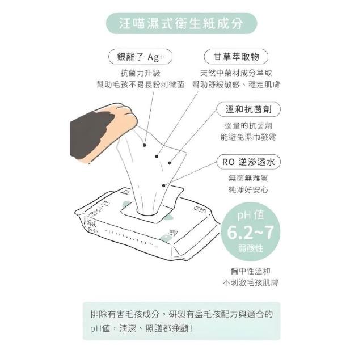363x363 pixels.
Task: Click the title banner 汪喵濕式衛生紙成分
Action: [181, 23]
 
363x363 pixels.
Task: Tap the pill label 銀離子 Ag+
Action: [140, 57]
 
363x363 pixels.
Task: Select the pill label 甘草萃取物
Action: [236, 57]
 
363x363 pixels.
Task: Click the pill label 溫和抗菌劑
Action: [248, 109]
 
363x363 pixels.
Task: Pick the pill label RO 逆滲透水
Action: [248, 162]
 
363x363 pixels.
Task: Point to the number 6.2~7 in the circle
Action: [251, 233]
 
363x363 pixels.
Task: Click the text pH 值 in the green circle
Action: [251, 215]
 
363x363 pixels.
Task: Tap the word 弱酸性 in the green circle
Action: [251, 248]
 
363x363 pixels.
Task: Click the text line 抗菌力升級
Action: [141, 73]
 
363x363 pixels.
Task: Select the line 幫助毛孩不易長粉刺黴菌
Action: [140, 85]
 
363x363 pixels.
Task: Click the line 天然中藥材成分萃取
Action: [236, 73]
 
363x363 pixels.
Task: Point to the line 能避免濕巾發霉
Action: [248, 137]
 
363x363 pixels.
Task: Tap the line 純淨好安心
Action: [248, 190]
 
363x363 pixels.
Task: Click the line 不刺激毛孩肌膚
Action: [251, 282]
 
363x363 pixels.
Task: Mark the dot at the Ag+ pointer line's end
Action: [145, 145]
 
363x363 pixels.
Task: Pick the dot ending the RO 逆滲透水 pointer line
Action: [164, 185]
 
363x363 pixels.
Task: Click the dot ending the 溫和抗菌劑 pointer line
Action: [170, 163]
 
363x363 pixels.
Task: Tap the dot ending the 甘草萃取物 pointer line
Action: [157, 157]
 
